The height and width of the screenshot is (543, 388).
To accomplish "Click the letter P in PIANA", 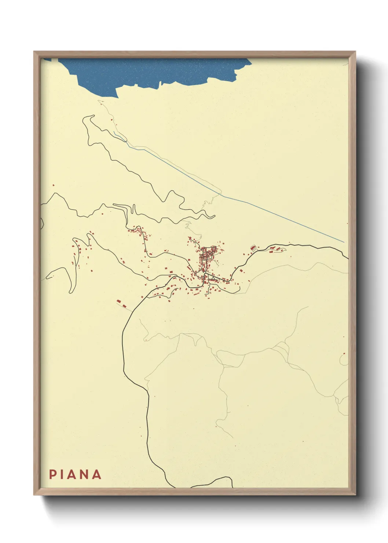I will [52, 474].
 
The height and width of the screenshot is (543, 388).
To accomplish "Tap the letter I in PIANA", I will [63, 474].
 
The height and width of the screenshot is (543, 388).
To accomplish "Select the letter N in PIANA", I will [85, 474].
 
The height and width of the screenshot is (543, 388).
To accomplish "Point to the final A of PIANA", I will [96, 474].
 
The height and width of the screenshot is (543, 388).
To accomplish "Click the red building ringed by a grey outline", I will [253, 248].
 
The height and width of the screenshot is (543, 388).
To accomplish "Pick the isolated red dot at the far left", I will [54, 185].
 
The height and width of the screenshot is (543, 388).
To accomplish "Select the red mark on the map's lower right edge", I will [344, 354].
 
